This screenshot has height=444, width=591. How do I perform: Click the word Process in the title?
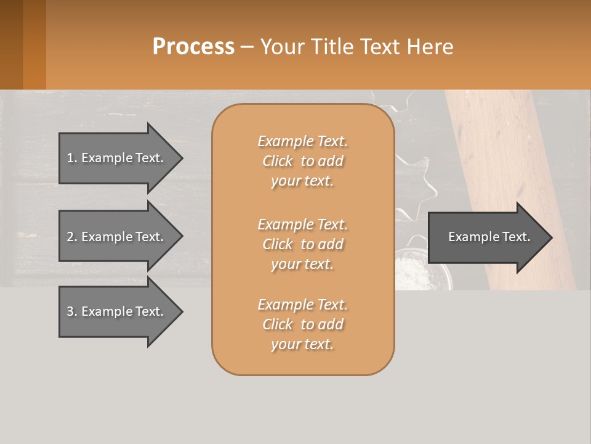[x=193, y=46]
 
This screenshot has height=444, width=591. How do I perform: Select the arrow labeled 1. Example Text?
[x=117, y=158]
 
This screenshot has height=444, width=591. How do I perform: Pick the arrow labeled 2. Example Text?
[x=117, y=237]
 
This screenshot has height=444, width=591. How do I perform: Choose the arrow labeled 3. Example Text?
[x=117, y=311]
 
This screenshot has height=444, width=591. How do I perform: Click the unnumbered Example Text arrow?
[x=489, y=237]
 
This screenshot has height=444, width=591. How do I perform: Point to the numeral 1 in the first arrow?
[x=70, y=158]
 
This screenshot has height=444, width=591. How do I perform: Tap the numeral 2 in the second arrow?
[x=70, y=237]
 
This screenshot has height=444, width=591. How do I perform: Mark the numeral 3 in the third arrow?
[x=70, y=311]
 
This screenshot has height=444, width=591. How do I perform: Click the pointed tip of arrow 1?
[x=181, y=158]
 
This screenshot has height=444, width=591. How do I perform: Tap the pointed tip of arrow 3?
[x=181, y=311]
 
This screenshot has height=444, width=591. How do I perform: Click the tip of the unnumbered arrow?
[x=550, y=237]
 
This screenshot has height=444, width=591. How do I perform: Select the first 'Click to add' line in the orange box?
[x=302, y=161]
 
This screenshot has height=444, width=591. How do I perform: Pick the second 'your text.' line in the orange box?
[x=302, y=264]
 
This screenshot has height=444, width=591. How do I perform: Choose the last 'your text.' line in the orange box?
[x=302, y=344]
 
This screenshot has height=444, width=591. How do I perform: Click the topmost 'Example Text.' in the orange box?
[x=302, y=141]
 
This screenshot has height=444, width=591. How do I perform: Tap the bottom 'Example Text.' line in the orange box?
[x=302, y=305]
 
